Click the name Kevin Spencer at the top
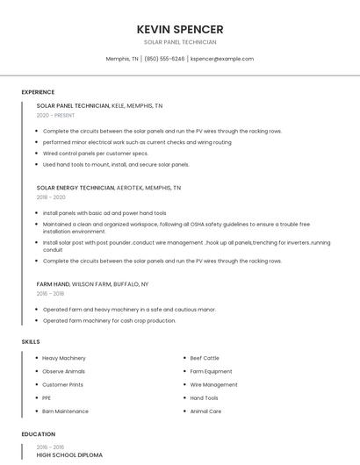(x=180, y=29)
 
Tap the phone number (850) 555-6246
(x=164, y=59)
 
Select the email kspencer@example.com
(x=222, y=59)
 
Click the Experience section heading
(x=38, y=92)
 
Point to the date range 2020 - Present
(x=55, y=115)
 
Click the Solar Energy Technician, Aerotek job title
(x=108, y=188)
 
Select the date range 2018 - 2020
(x=51, y=197)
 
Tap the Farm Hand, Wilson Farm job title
(x=92, y=284)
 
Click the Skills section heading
(x=31, y=341)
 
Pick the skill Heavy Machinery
(x=64, y=358)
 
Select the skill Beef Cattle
(x=205, y=358)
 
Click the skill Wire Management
(x=213, y=384)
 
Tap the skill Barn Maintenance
(x=65, y=411)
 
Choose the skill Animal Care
(x=205, y=411)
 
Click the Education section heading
(x=38, y=434)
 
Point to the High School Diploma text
(x=69, y=455)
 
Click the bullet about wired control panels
(x=96, y=153)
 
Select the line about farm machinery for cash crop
(x=109, y=320)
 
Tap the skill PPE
(x=47, y=397)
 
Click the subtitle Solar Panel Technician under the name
(x=180, y=42)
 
